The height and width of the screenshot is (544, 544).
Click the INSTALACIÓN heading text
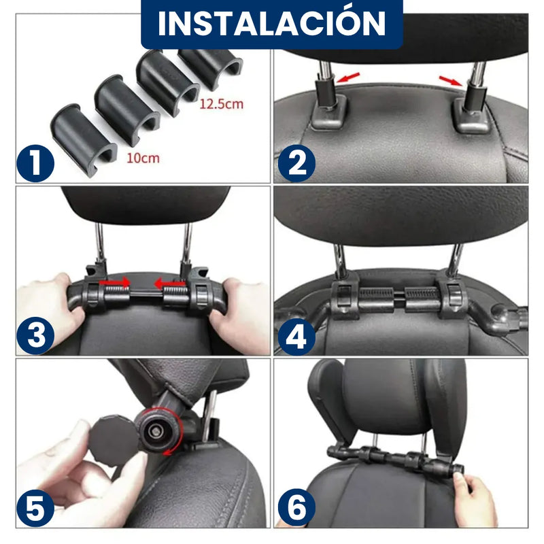(272, 23)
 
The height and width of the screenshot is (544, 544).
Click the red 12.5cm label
(221, 105)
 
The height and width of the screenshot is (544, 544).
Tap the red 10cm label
(143, 158)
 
